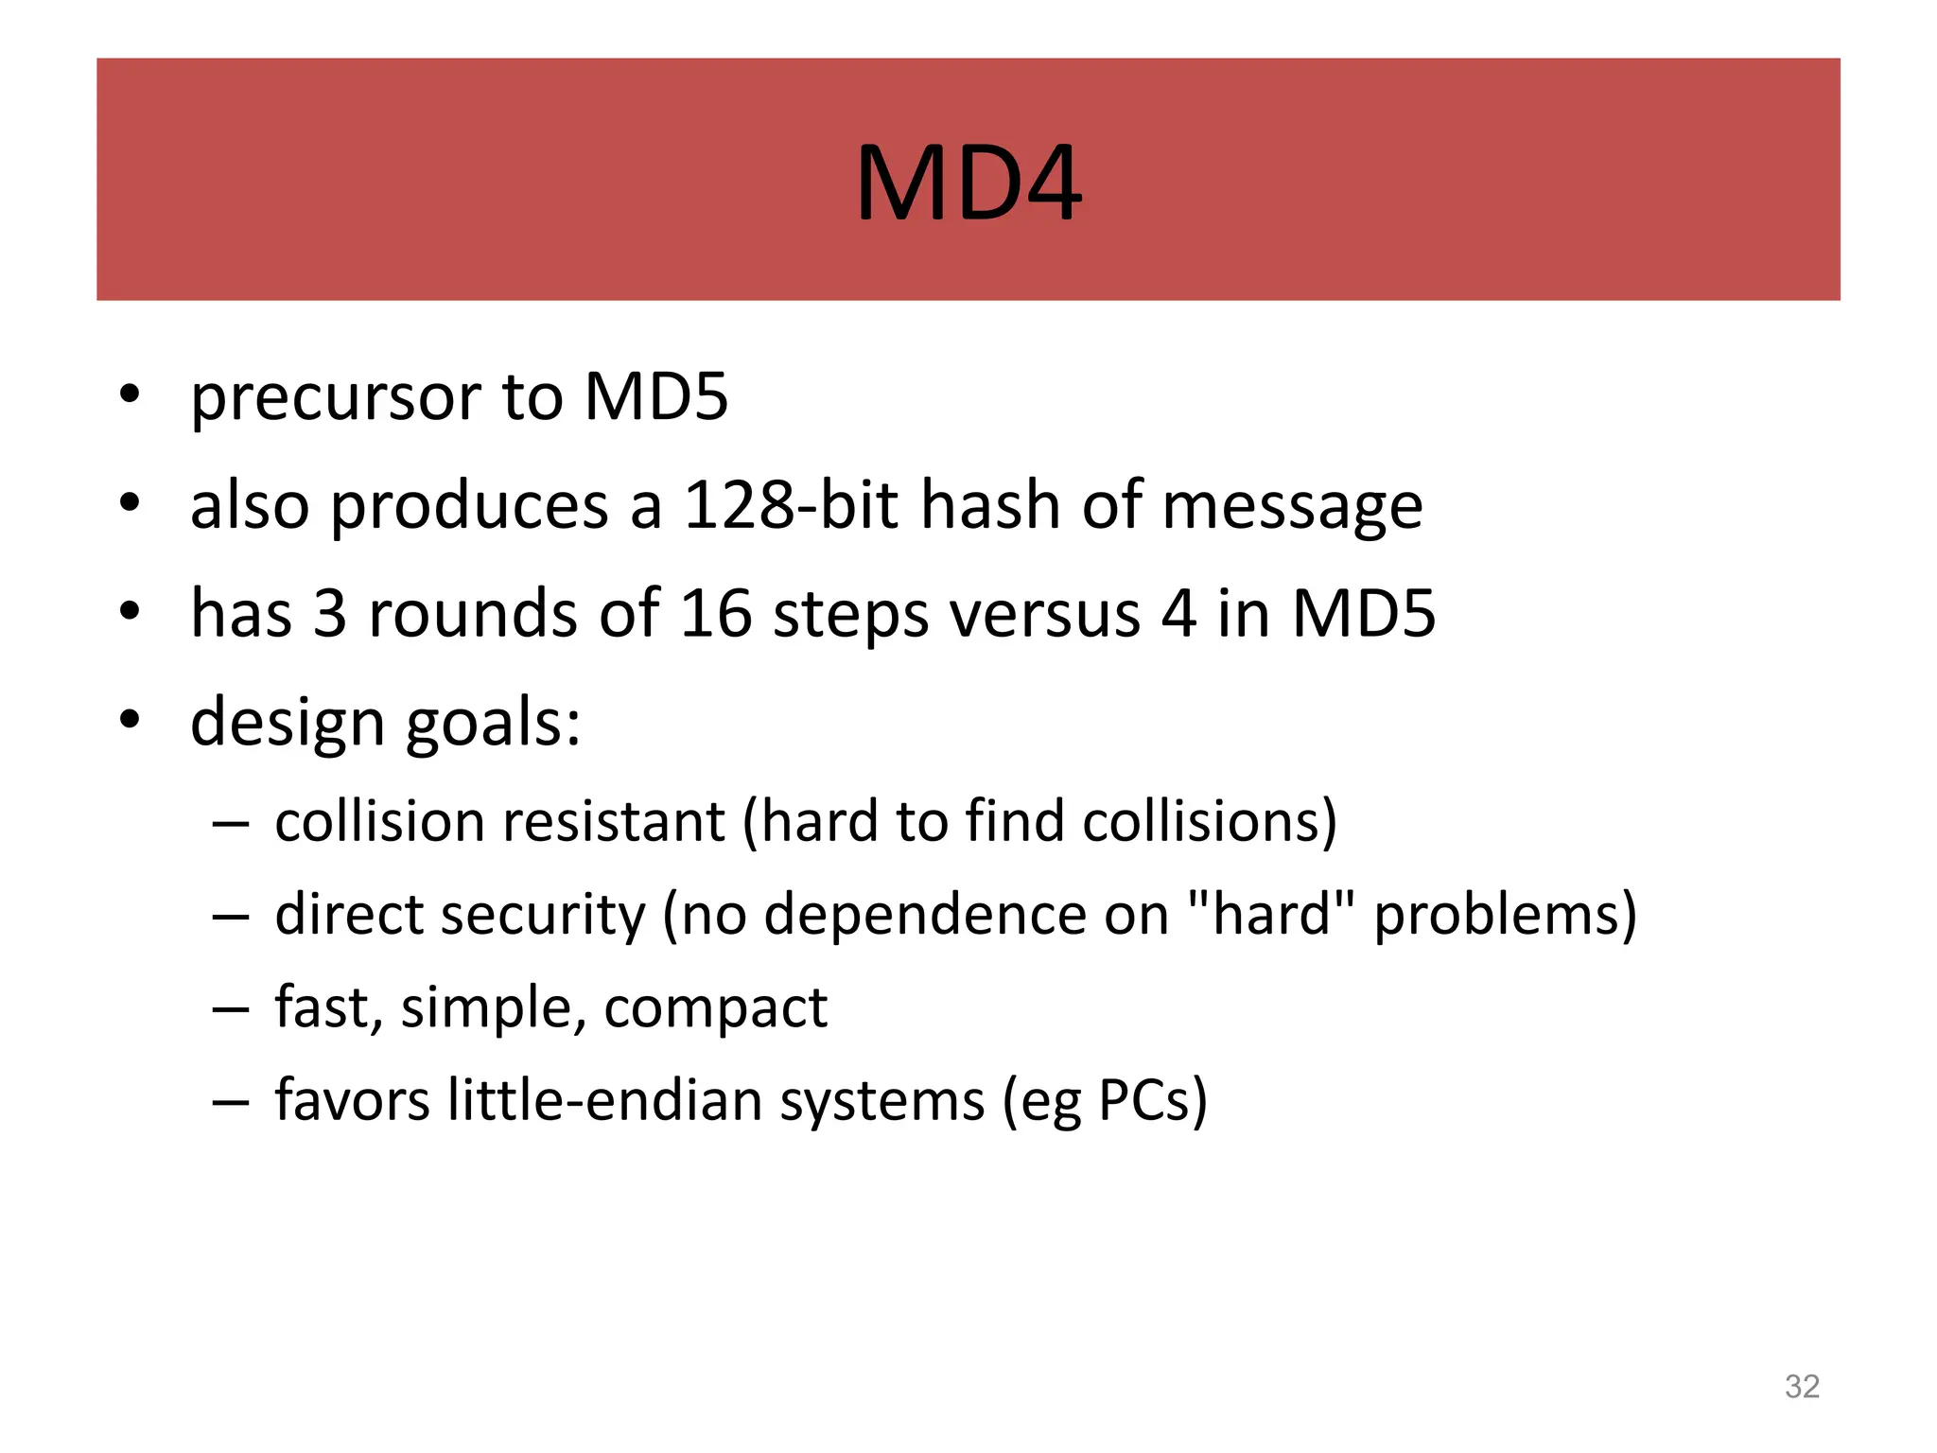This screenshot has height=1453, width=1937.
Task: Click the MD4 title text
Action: (968, 184)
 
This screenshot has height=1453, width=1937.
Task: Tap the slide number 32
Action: (1802, 1387)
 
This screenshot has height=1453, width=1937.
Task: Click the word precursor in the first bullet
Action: (338, 397)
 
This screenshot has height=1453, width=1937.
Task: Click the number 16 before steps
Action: (716, 613)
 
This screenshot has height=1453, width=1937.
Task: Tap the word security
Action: (541, 916)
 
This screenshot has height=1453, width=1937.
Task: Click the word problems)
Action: (1505, 916)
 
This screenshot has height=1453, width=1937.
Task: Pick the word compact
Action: (715, 1008)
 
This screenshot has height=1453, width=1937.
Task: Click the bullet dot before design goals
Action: (130, 719)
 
